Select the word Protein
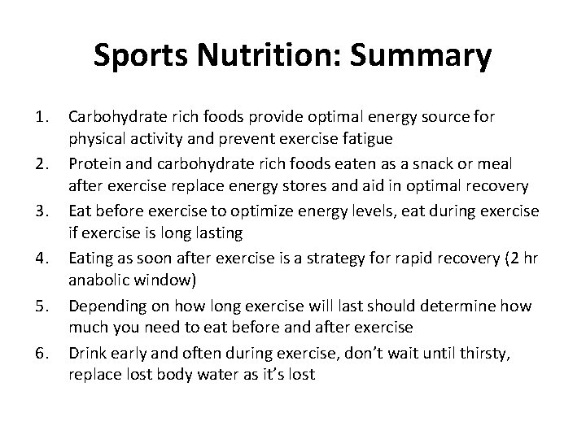[x=95, y=164]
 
